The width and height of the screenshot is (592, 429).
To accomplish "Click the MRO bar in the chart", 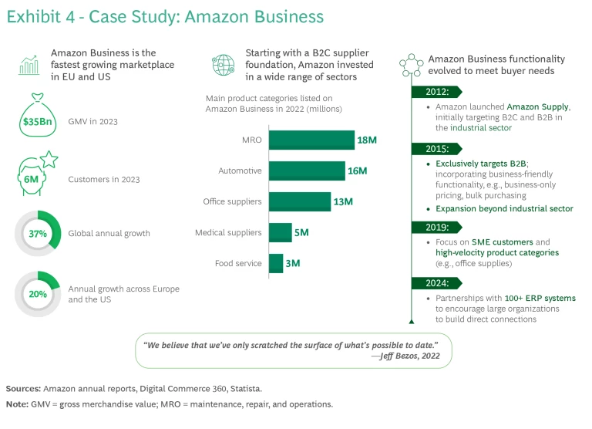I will [311, 140].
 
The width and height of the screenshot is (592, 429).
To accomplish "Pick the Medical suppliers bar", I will [280, 232].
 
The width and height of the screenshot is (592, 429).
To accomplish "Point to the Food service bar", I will [275, 263].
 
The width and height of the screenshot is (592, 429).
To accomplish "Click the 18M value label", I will [366, 140].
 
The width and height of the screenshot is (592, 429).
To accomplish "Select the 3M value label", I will [292, 263].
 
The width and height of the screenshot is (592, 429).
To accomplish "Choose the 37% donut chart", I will [37, 233].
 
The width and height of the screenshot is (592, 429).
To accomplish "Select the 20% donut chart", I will [37, 293].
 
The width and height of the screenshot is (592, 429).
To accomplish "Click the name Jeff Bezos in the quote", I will [397, 356].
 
